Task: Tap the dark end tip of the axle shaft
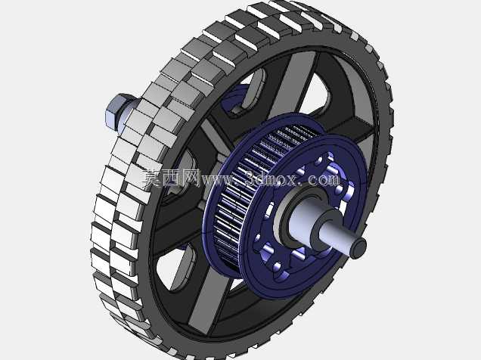click(x=358, y=247)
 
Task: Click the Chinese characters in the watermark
click(x=171, y=178)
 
